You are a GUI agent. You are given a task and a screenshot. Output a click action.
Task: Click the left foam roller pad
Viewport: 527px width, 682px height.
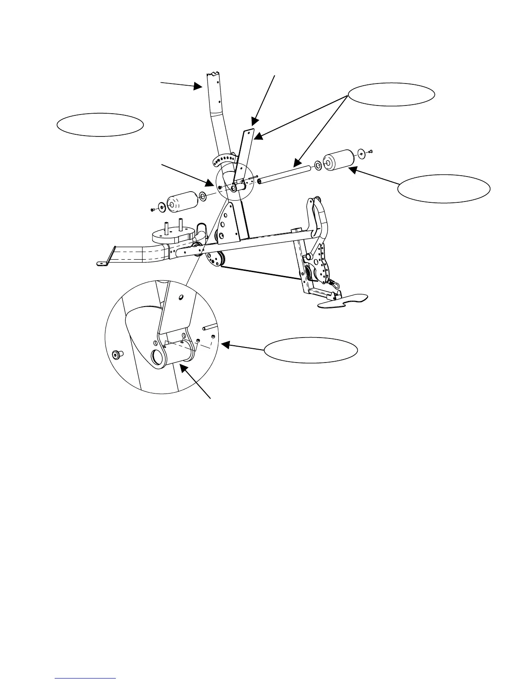click(x=182, y=201)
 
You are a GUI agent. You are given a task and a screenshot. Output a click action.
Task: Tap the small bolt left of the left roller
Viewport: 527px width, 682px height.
click(x=152, y=210)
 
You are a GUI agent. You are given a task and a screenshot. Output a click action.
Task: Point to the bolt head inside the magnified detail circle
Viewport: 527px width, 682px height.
click(x=116, y=354)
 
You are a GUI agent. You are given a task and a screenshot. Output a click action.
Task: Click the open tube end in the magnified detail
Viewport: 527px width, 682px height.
click(x=158, y=357)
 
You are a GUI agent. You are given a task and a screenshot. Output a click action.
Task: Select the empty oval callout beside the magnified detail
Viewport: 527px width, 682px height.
click(x=310, y=350)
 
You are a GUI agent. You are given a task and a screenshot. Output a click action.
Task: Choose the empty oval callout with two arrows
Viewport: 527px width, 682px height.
click(x=391, y=95)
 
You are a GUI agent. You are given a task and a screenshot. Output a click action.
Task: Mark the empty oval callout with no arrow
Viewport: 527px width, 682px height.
click(x=100, y=125)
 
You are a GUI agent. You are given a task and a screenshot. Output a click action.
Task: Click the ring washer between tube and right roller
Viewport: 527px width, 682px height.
click(x=317, y=165)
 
